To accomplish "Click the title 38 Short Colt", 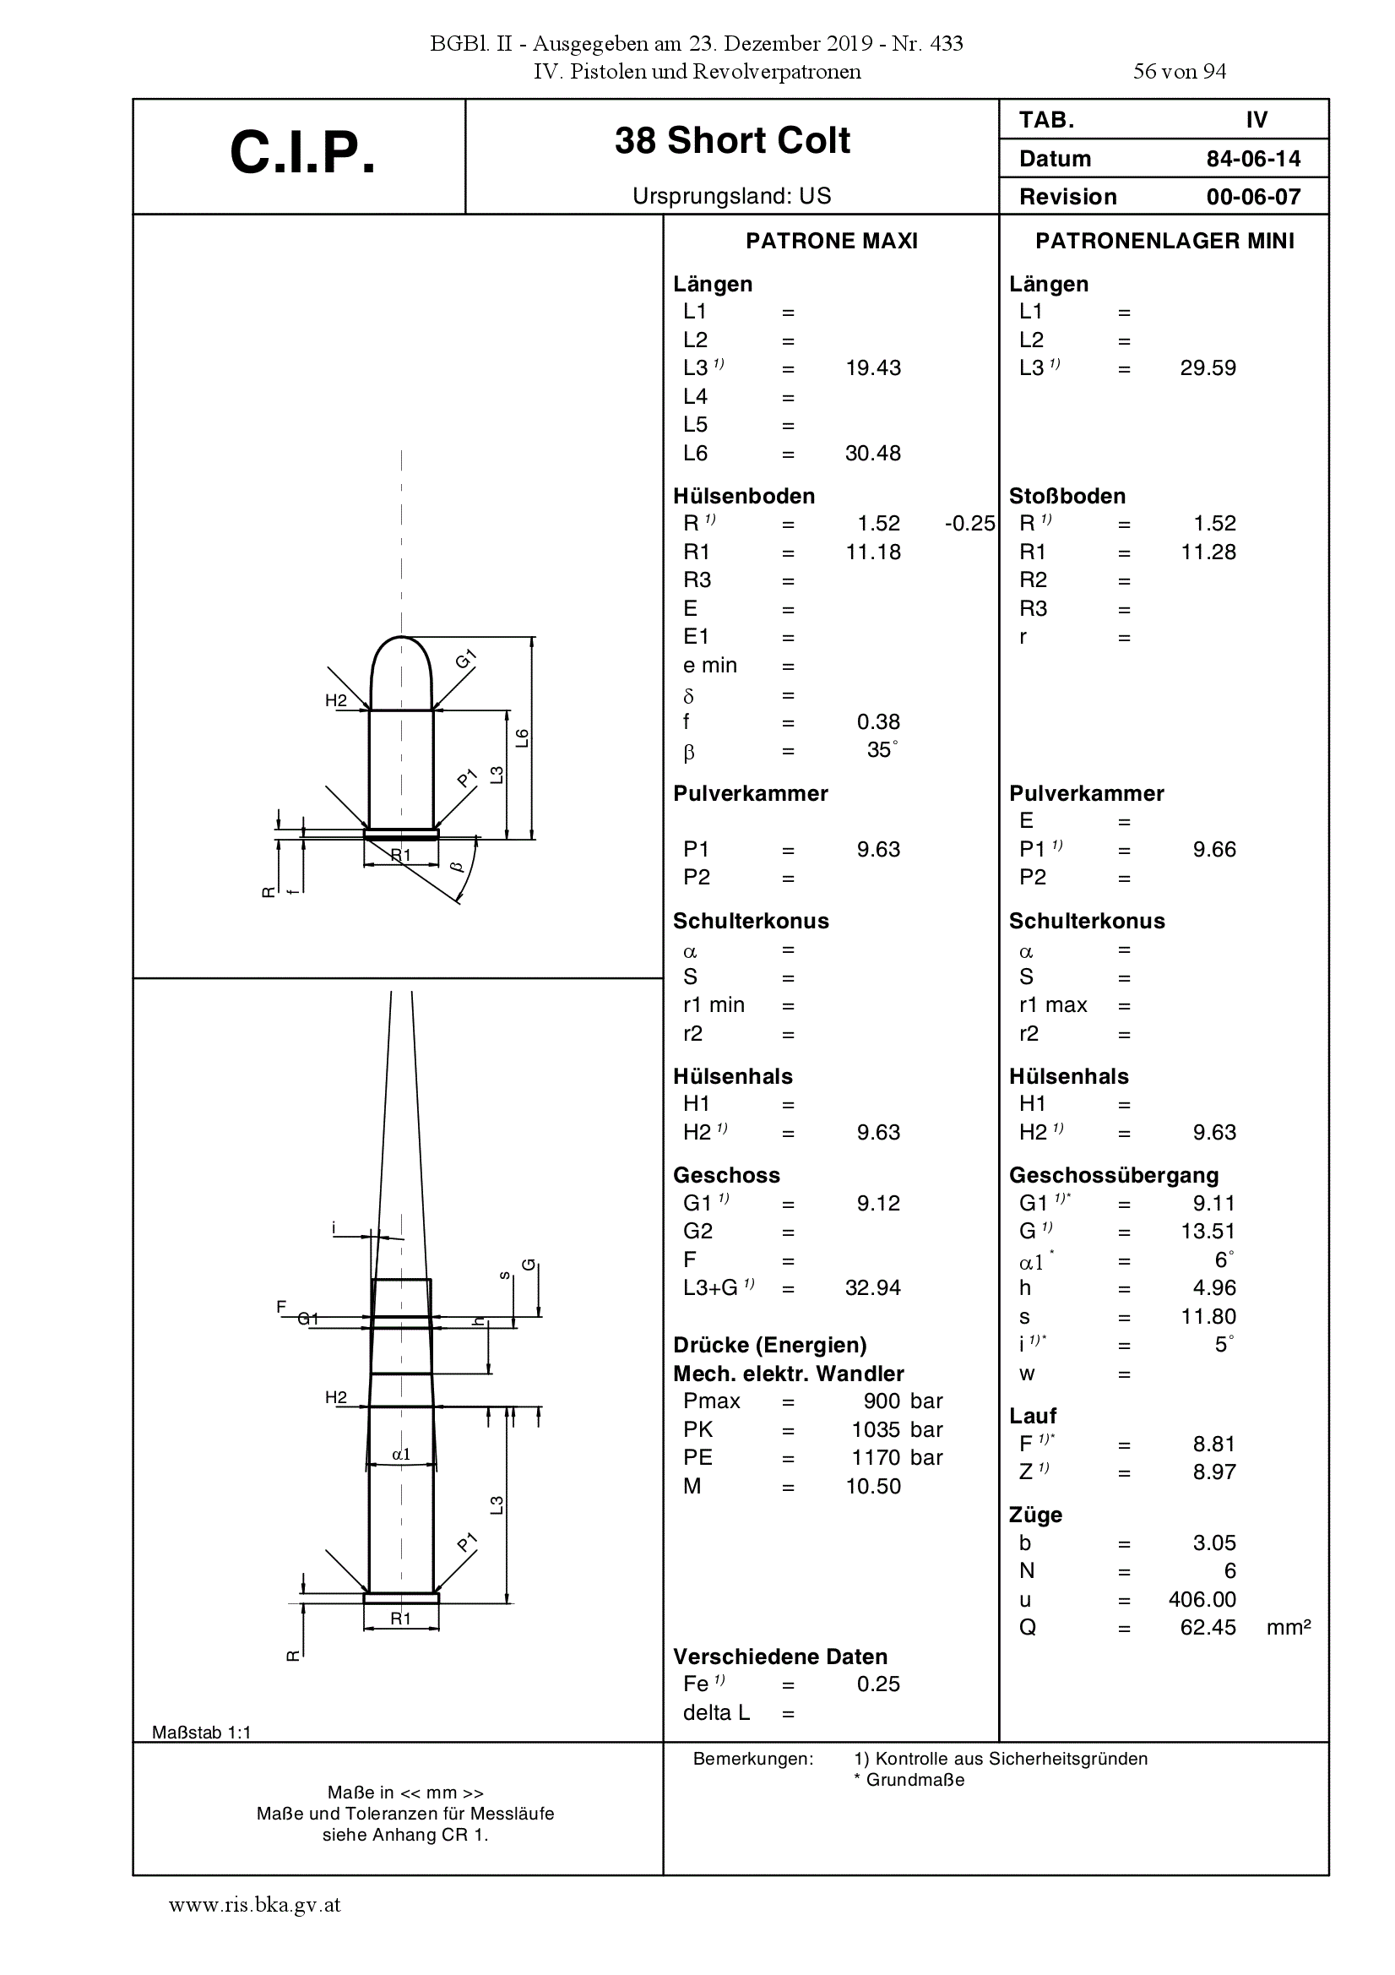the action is pyautogui.click(x=732, y=140).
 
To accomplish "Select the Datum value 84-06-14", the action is pyautogui.click(x=1253, y=159).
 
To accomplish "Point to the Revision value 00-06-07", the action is pyautogui.click(x=1253, y=197).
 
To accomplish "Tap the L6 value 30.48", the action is pyautogui.click(x=873, y=454).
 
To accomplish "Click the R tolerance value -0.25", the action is pyautogui.click(x=969, y=524).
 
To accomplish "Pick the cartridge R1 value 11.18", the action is pyautogui.click(x=873, y=552).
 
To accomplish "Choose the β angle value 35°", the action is pyautogui.click(x=882, y=750).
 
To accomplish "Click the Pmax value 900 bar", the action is pyautogui.click(x=903, y=1401).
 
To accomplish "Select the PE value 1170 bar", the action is pyautogui.click(x=897, y=1458).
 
